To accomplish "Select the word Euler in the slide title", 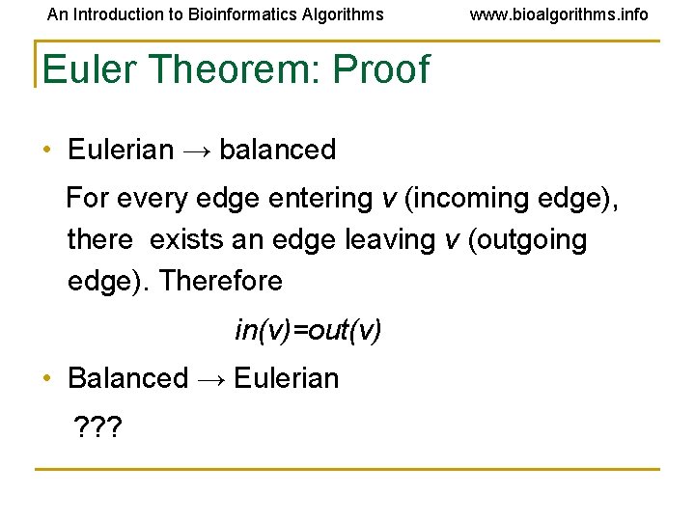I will pyautogui.click(x=84, y=69).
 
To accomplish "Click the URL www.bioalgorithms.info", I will pyautogui.click(x=559, y=14).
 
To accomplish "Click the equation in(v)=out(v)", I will pyautogui.click(x=308, y=331).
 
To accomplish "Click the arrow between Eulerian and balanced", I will pyautogui.click(x=197, y=151).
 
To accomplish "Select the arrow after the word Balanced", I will pyautogui.click(x=211, y=379).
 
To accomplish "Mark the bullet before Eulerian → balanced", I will pyautogui.click(x=46, y=151).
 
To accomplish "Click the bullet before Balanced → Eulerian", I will pyautogui.click(x=46, y=378).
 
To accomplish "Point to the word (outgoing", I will pyautogui.click(x=527, y=239).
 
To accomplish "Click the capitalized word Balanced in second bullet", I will pyautogui.click(x=127, y=378).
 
